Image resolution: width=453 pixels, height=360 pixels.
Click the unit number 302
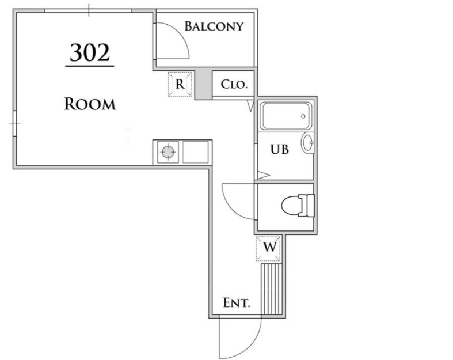tap(89, 53)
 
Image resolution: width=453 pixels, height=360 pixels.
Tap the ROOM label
tap(90, 104)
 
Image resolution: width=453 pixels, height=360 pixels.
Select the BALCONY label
tap(214, 26)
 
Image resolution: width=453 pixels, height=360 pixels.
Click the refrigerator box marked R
tap(180, 84)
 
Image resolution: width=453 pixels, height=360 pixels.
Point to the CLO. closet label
tap(234, 84)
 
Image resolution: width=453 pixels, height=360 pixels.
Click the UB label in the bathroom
tap(280, 149)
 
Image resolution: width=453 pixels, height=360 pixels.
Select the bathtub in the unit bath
tap(285, 116)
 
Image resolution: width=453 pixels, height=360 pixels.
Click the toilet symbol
tap(295, 206)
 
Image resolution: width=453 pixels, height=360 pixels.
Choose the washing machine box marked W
tap(269, 248)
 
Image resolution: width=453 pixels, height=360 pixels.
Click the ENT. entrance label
tap(236, 302)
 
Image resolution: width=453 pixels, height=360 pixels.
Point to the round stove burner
tap(168, 152)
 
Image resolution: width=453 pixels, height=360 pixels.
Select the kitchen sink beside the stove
tap(196, 153)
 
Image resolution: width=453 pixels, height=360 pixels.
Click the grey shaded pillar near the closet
tap(203, 84)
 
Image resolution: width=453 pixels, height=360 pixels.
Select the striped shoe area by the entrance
tap(272, 289)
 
